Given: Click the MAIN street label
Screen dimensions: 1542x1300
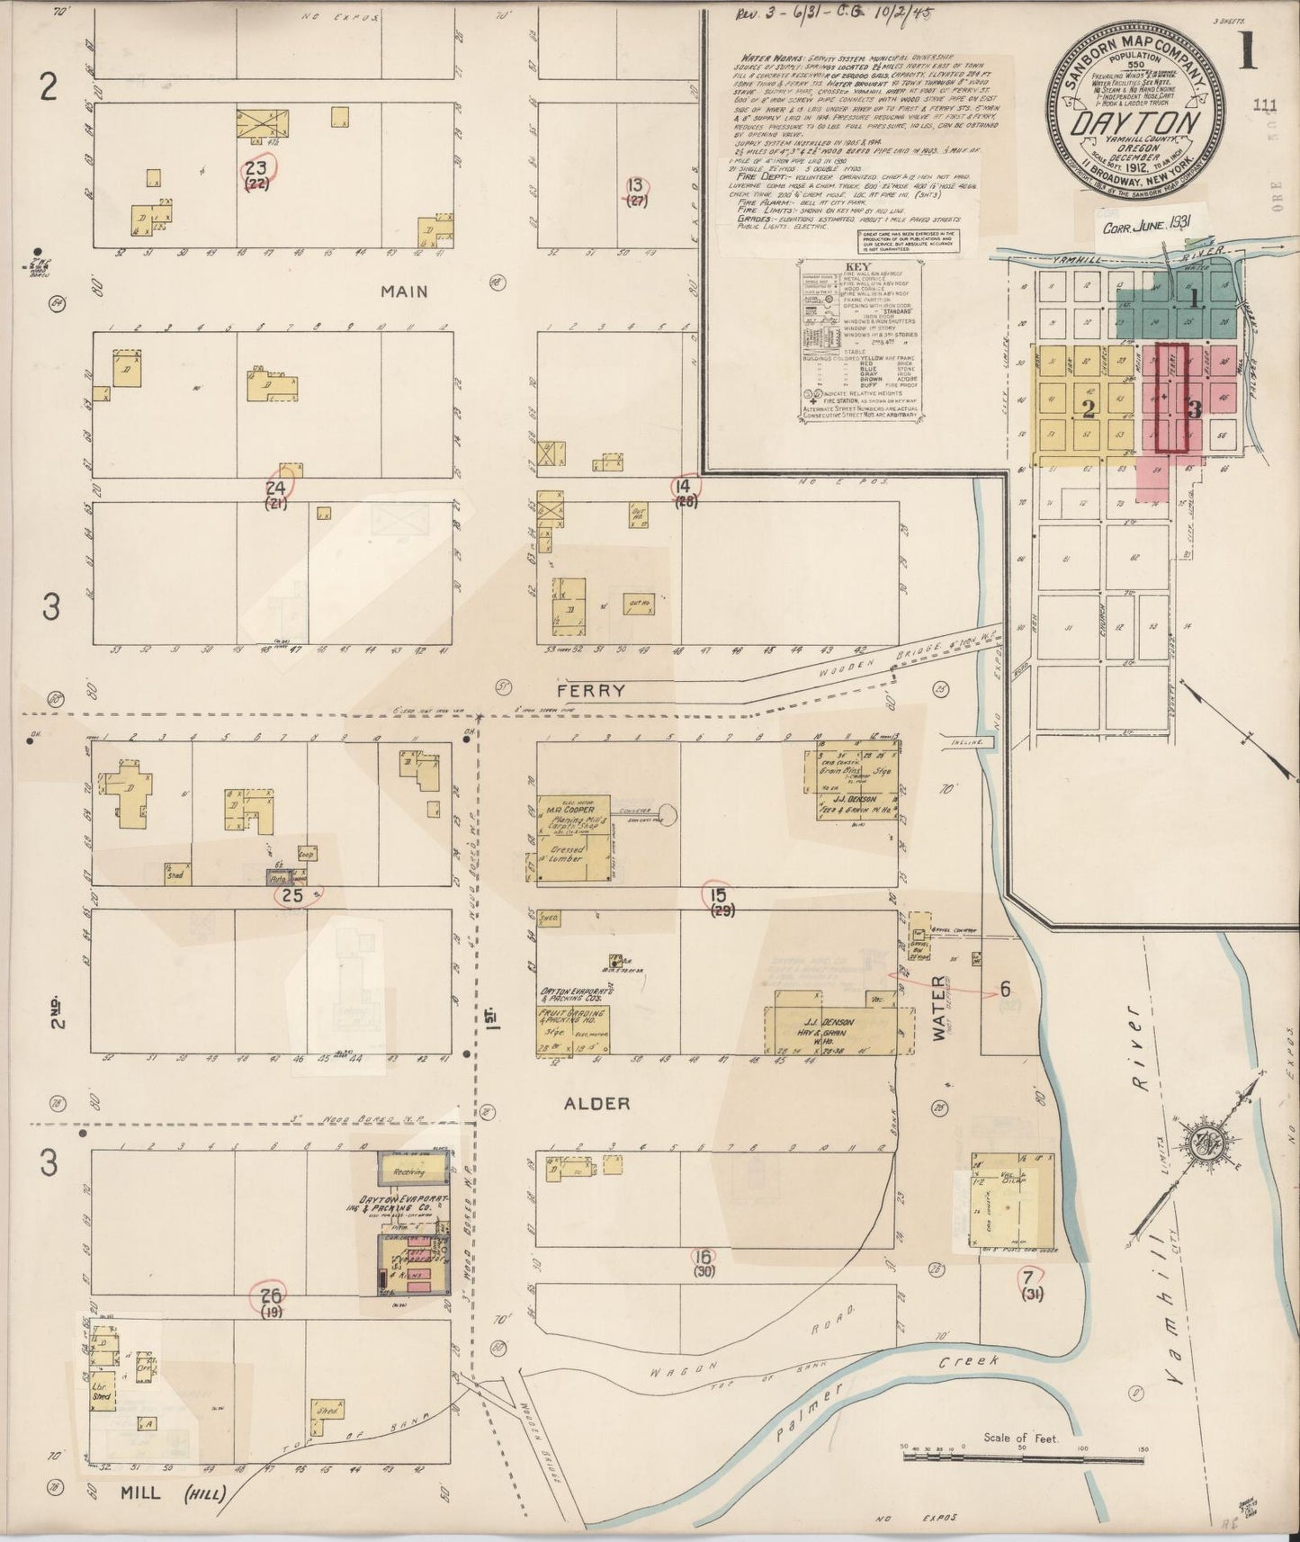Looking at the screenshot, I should (403, 291).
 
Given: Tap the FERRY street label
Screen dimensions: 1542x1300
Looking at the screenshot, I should (590, 690).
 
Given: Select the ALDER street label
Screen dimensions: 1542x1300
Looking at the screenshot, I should (596, 1103).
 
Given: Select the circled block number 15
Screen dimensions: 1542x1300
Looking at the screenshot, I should (717, 894).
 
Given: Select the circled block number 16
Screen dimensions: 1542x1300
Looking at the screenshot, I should (704, 1257).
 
